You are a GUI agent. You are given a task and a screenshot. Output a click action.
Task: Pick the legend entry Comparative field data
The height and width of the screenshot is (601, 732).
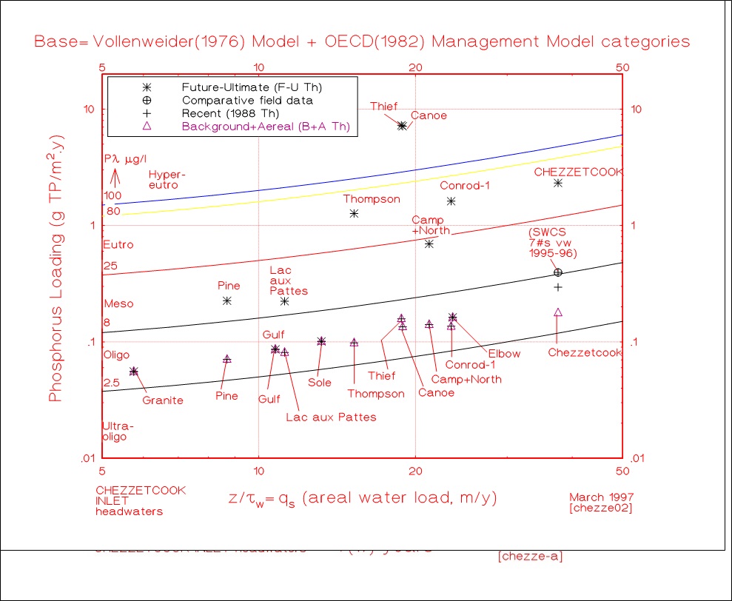point(247,100)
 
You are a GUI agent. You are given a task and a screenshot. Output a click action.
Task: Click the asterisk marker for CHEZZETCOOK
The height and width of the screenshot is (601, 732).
point(558,183)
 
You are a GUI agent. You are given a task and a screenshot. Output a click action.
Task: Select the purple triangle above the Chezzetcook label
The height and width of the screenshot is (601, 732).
point(558,312)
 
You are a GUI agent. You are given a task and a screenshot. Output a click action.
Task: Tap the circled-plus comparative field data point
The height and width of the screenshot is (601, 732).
point(558,272)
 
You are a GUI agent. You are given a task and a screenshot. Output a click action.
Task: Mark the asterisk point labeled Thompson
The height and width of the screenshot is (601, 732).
point(354,213)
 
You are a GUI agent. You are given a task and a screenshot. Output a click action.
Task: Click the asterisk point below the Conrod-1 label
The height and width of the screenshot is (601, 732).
point(451,201)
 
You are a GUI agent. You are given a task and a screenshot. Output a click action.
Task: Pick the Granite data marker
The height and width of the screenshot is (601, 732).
point(134,372)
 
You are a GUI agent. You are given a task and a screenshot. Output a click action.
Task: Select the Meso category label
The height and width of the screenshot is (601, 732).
point(118,303)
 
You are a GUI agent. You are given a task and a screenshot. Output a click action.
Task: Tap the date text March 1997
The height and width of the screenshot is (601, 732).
point(600,497)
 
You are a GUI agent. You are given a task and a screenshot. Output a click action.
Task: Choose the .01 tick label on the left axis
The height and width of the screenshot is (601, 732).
point(88,458)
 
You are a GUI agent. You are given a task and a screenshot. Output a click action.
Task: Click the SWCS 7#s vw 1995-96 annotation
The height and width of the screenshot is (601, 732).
point(552,243)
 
